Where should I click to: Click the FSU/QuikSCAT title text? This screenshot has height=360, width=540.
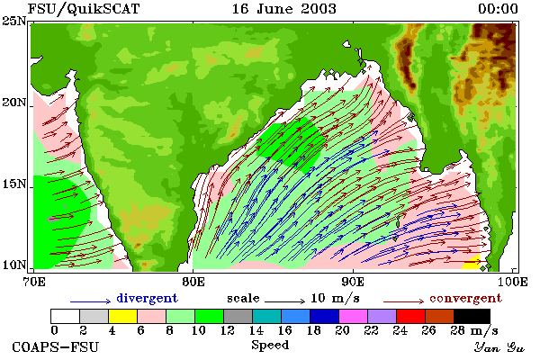coord(84,9)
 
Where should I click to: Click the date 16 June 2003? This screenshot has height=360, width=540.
coord(284,9)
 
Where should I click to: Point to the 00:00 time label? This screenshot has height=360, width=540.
coord(498,9)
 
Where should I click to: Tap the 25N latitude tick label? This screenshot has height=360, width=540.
coord(14,22)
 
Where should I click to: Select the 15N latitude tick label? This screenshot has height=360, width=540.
coord(14,184)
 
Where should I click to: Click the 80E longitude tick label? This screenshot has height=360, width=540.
coord(193,282)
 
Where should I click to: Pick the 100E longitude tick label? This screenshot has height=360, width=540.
coord(512,282)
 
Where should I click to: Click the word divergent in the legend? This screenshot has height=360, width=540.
coord(147,298)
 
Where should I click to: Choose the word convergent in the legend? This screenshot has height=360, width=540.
coord(465,298)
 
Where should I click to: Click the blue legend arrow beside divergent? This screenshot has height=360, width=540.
coord(90,301)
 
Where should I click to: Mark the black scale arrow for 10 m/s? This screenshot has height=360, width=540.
coord(284,301)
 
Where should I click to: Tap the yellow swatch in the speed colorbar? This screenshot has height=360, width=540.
coord(122,316)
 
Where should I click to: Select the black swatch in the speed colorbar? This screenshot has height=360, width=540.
coord(472,316)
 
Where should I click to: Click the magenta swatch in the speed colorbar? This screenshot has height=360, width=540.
coord(353,316)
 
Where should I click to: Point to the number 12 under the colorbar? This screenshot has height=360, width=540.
coord(227,330)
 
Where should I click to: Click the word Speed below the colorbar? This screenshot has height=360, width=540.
coord(270,346)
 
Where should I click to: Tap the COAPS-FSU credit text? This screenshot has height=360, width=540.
coord(56,346)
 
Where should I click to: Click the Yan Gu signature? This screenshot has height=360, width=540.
coord(499,347)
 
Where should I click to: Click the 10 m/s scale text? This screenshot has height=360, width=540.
coord(335,298)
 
